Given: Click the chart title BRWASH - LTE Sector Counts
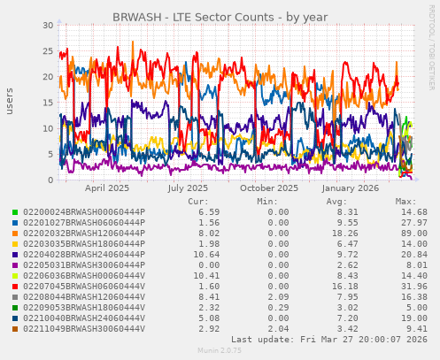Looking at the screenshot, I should [220, 17].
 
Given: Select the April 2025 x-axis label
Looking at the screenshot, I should [107, 188].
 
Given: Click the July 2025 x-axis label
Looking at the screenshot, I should [188, 188].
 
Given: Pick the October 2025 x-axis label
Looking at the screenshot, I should [269, 188].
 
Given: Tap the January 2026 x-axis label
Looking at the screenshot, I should [351, 188].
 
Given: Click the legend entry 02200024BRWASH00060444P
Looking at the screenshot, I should [83, 212].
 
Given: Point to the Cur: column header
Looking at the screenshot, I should [198, 201].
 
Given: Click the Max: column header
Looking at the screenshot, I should [405, 201].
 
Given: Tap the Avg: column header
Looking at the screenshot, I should [336, 201].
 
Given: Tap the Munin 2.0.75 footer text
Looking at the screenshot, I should [220, 351].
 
